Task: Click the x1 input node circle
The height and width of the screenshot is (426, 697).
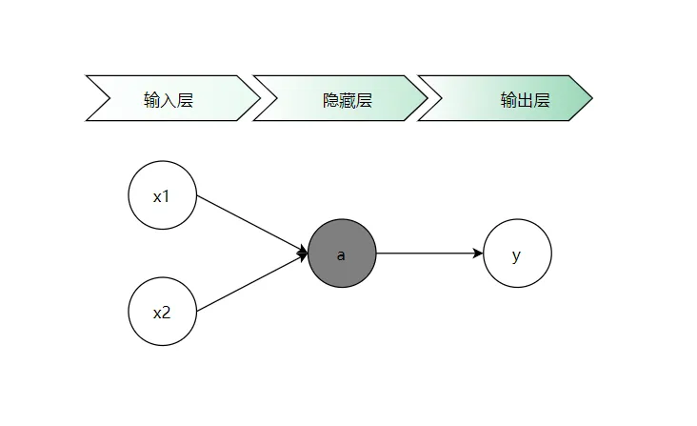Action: [163, 195]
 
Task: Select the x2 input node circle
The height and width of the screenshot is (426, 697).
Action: [163, 312]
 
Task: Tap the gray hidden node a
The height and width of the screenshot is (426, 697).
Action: [342, 254]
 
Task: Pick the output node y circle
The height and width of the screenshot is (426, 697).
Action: [517, 254]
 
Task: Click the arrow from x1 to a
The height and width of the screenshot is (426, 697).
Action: [251, 225]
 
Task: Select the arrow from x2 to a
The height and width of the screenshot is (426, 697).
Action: [251, 283]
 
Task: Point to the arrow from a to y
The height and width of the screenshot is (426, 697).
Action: [428, 254]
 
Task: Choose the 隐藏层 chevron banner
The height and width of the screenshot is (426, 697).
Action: [339, 98]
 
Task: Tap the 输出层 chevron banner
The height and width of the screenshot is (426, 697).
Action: [505, 98]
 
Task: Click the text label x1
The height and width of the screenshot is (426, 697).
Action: [162, 196]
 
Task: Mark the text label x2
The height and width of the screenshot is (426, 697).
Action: [162, 313]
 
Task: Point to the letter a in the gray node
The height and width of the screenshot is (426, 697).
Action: [341, 255]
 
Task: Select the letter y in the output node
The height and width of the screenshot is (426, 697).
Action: [516, 255]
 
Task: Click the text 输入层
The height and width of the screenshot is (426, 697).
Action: [169, 99]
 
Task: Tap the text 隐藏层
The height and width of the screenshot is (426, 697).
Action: [348, 99]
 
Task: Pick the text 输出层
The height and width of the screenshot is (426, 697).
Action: [526, 99]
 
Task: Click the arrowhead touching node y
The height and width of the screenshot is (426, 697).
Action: [478, 254]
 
